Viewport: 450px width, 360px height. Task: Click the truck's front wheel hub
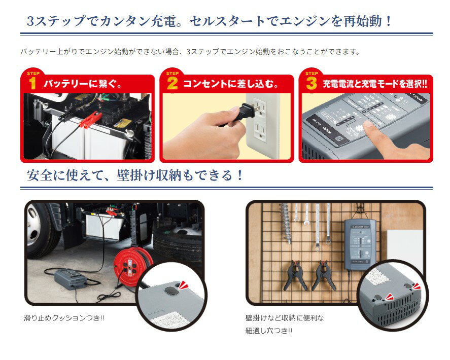[x=33, y=223]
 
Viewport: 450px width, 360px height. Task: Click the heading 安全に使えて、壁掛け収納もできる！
[x=134, y=176]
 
